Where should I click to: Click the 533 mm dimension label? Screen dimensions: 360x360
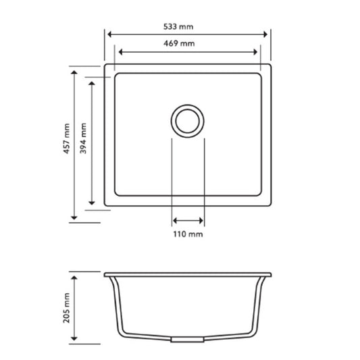point(178,26)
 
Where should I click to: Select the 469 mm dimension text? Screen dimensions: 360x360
point(178,43)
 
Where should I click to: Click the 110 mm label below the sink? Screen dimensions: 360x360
point(188,234)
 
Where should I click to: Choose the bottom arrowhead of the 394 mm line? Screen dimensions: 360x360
point(92,202)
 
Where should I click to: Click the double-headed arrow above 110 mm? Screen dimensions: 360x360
point(188,221)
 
